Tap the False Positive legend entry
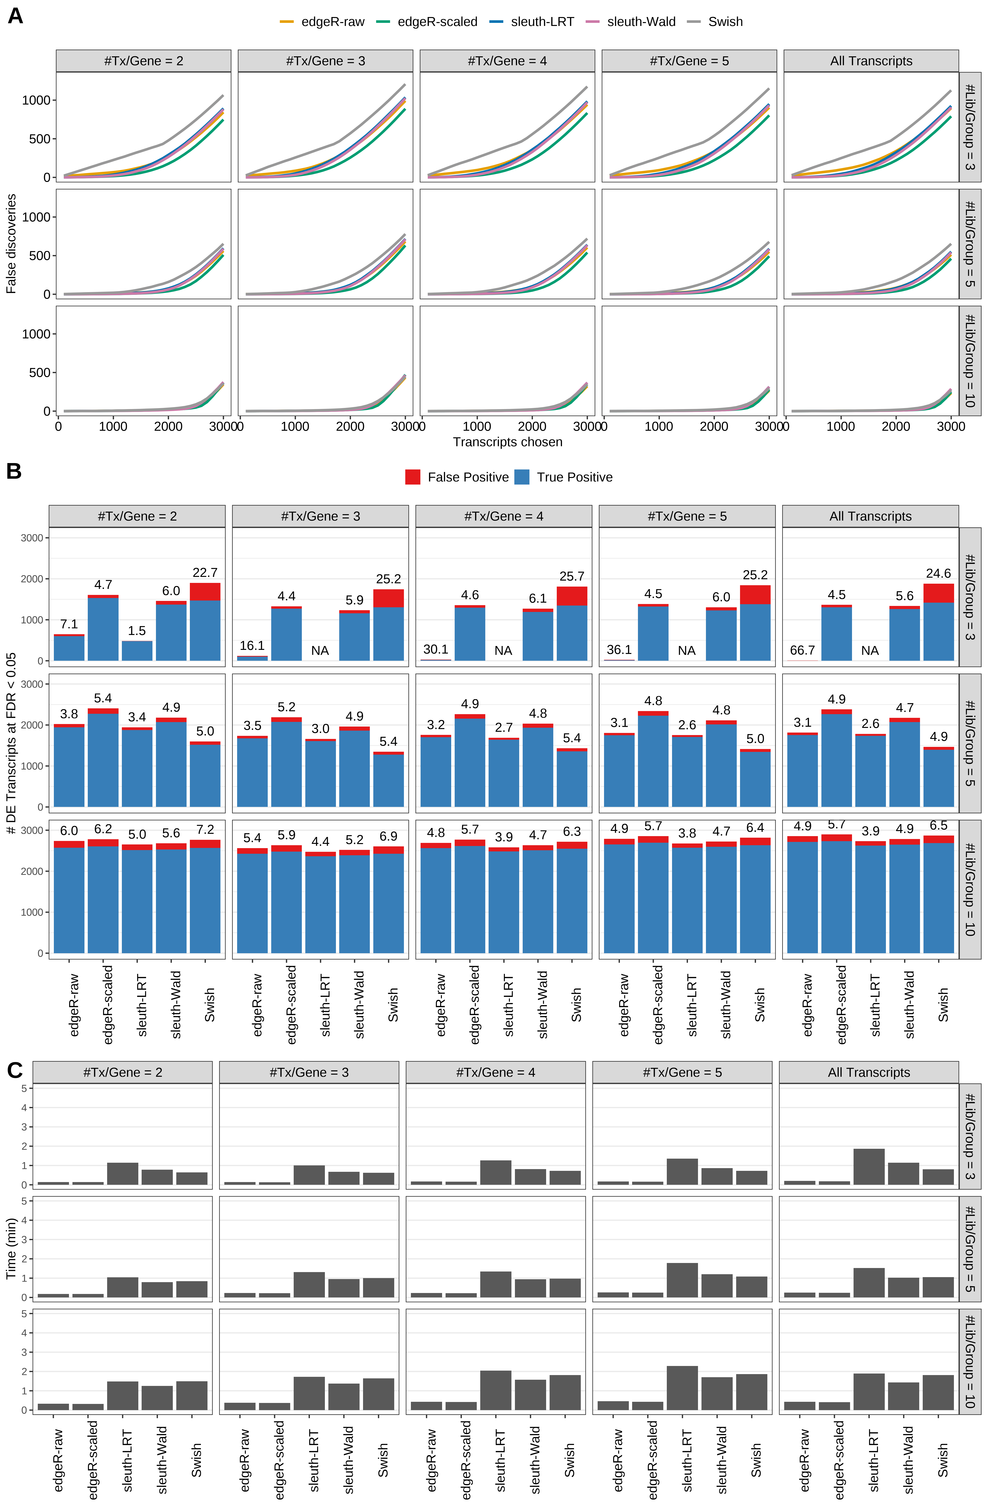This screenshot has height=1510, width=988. tap(457, 477)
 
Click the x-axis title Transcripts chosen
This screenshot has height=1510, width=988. tap(507, 442)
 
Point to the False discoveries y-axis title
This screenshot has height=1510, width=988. tap(11, 244)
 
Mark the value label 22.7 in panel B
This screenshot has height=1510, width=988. tap(205, 572)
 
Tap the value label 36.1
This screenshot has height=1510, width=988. tap(619, 650)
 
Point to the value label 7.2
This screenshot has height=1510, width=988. tap(205, 830)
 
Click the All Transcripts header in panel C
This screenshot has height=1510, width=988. tap(869, 1072)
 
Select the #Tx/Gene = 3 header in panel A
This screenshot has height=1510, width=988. tap(325, 61)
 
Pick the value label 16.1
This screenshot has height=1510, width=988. tap(252, 645)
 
